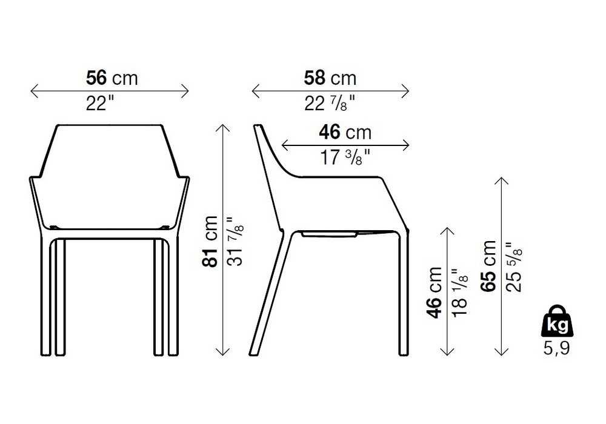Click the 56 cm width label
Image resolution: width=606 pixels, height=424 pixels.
112,78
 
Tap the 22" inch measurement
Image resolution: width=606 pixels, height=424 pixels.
100,103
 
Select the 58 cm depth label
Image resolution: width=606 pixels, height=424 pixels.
330,78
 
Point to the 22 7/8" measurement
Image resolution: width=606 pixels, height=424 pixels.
329,104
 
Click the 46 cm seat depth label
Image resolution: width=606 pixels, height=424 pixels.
345,133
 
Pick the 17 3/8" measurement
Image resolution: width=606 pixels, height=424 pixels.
345,157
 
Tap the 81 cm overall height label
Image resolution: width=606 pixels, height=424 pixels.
210,241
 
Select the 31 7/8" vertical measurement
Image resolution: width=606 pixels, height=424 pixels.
235,241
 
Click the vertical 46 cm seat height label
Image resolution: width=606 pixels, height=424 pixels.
435,293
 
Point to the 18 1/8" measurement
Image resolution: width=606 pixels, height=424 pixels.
459,293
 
